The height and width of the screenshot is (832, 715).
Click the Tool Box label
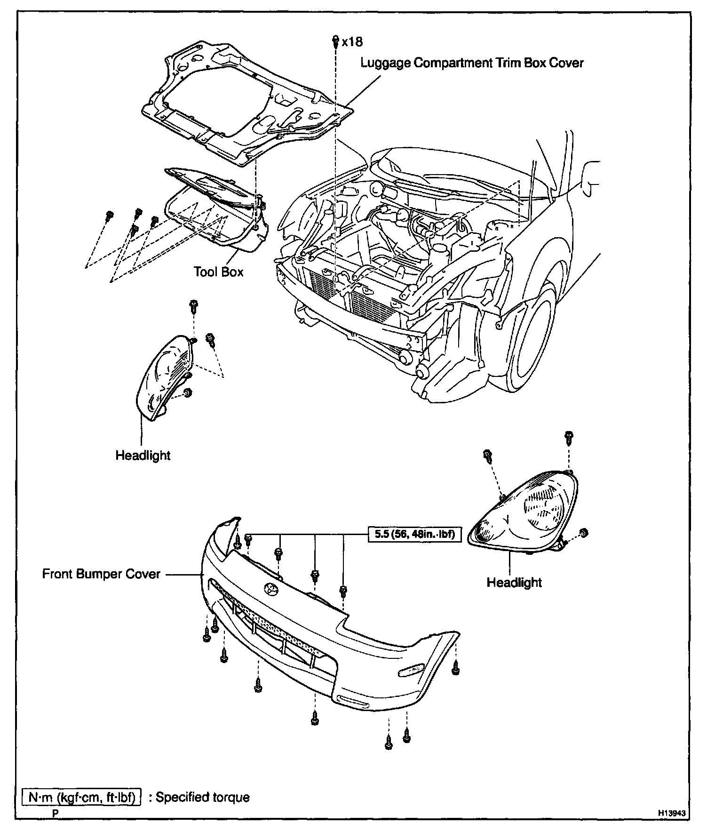[x=218, y=272]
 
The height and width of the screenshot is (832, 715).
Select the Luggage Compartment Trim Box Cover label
[x=472, y=63]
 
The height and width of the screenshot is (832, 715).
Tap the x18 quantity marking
[x=352, y=42]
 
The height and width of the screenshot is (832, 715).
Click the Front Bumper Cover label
[x=101, y=574]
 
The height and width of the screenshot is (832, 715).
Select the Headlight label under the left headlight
[x=143, y=456]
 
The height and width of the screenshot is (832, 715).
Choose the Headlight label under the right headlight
[x=514, y=583]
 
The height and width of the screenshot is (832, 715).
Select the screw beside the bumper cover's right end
[x=455, y=667]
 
